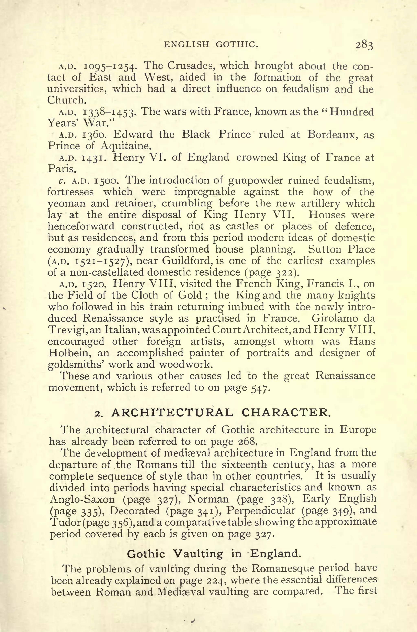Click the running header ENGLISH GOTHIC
[x=211, y=44]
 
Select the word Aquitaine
[x=125, y=146]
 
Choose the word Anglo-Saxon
[x=82, y=499]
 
